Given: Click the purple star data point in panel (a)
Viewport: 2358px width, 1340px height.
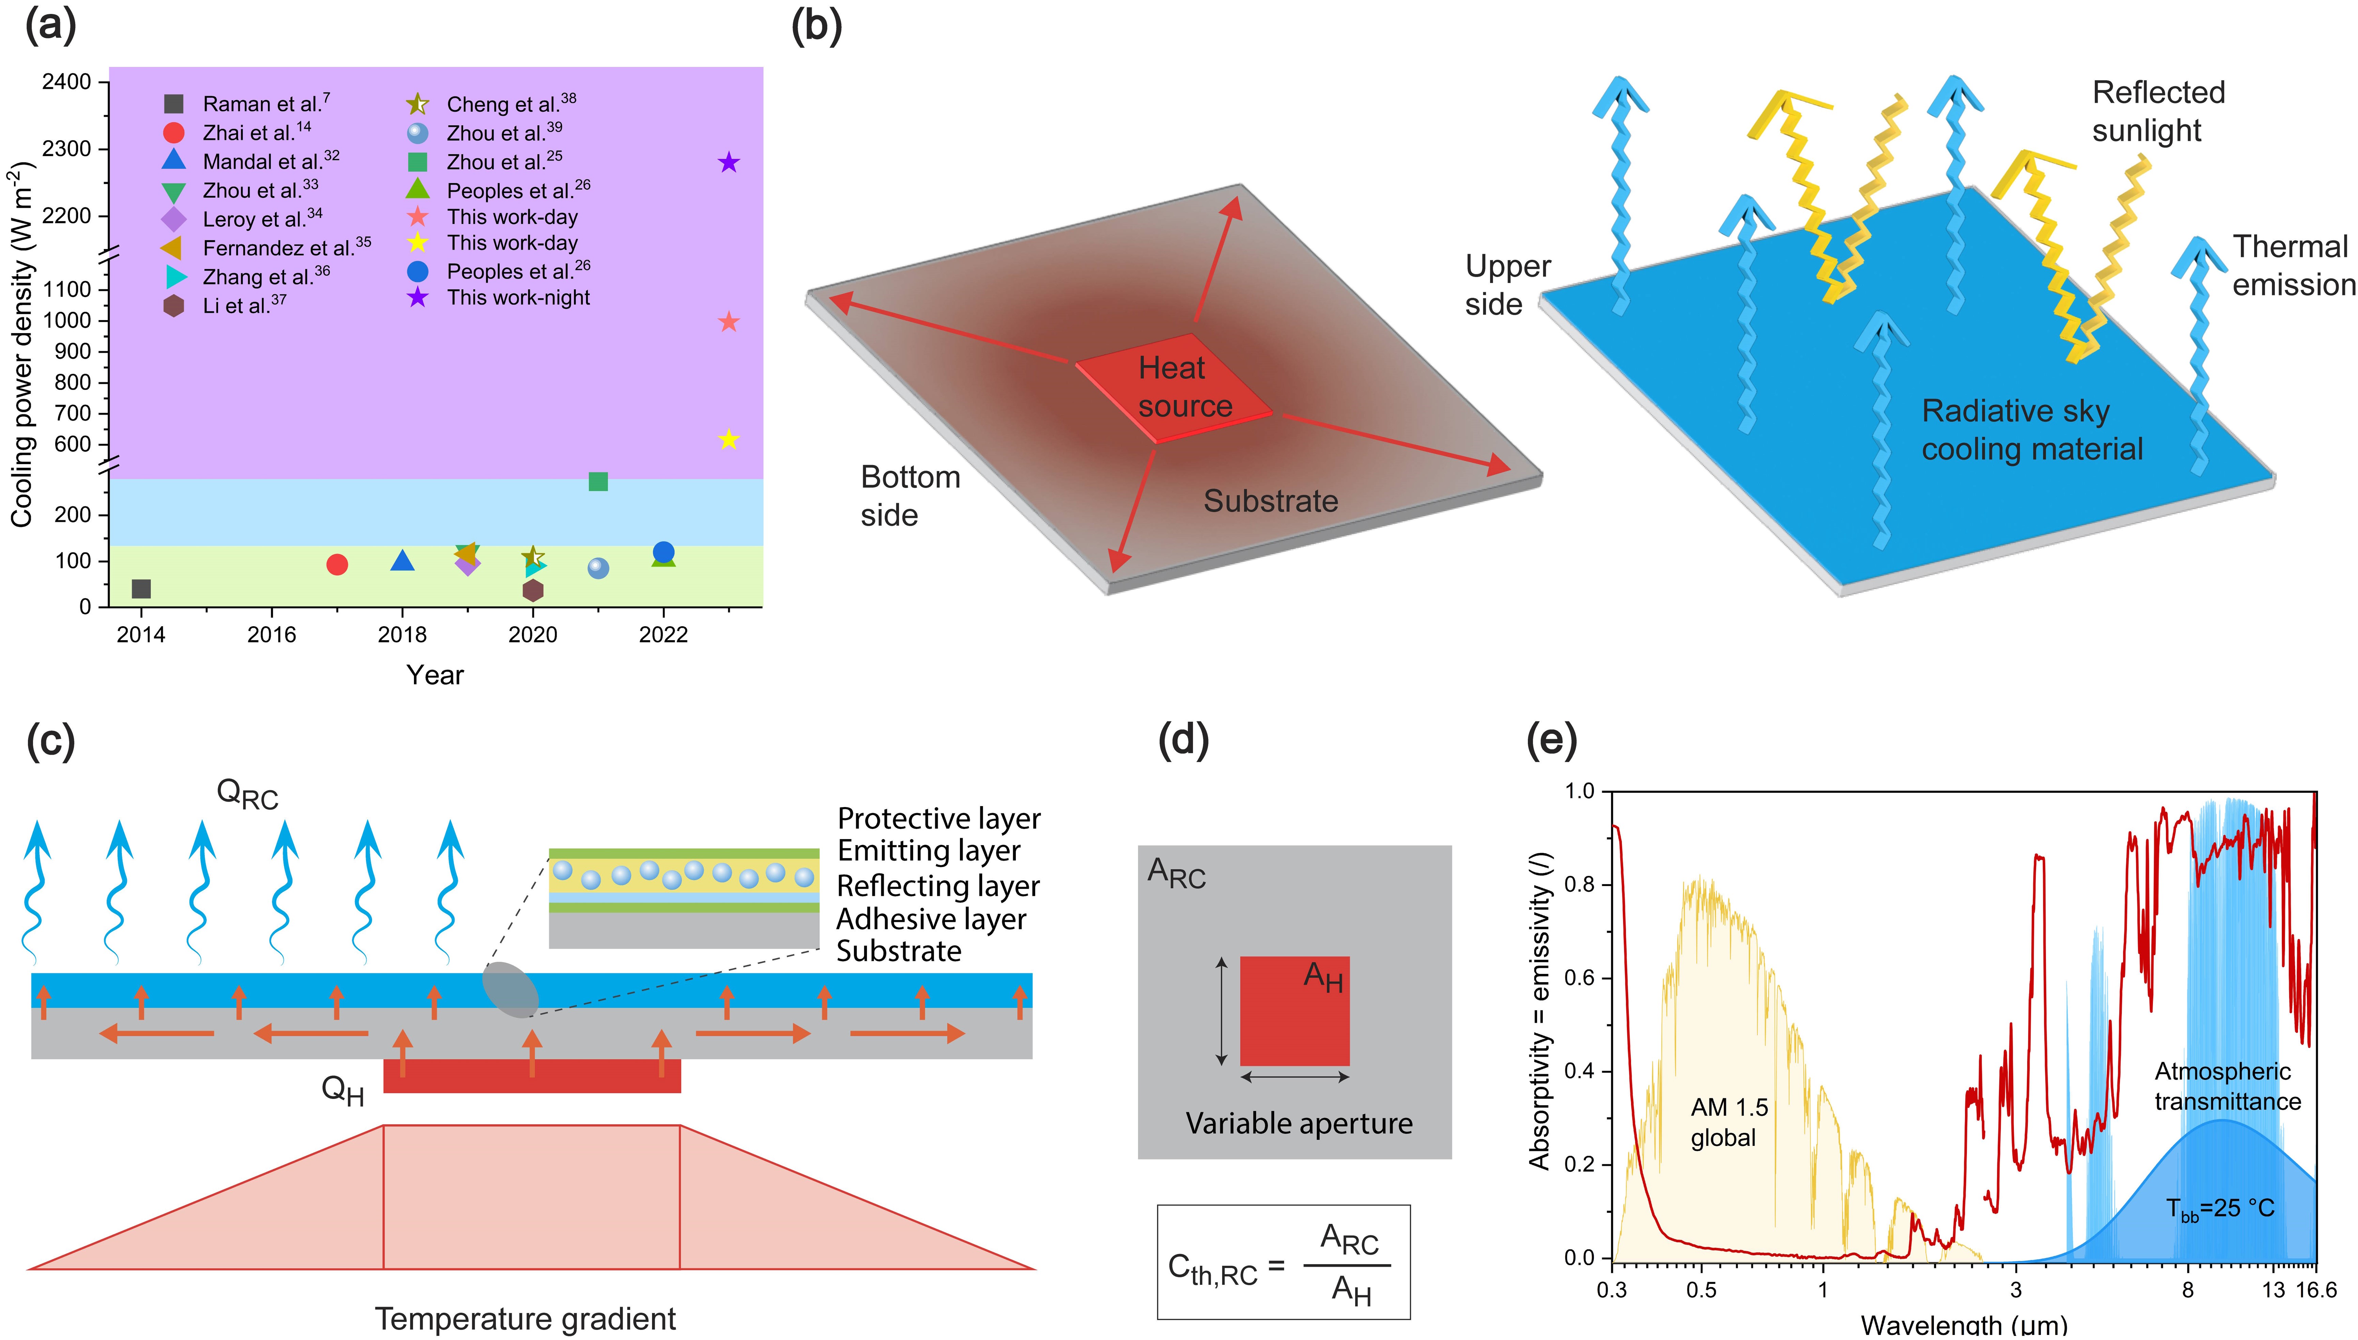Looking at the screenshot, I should click(x=728, y=163).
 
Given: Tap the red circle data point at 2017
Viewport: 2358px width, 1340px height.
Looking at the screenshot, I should click(x=337, y=564).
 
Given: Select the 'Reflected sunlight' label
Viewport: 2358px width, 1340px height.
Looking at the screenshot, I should click(x=2157, y=111).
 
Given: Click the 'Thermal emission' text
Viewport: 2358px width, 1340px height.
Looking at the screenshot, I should click(x=2293, y=266).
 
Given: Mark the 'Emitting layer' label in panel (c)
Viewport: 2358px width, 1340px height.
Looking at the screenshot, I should click(x=928, y=851).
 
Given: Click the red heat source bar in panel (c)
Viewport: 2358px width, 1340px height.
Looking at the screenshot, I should click(x=532, y=1076).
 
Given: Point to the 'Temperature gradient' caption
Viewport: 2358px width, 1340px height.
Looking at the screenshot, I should click(x=525, y=1318).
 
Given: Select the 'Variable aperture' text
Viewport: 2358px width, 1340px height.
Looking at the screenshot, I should click(x=1298, y=1124).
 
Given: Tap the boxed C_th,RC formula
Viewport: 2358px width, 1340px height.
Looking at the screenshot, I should click(x=1283, y=1262).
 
